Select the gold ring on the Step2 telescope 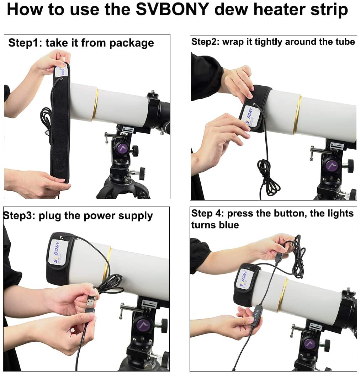297,114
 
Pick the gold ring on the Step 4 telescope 282,295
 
